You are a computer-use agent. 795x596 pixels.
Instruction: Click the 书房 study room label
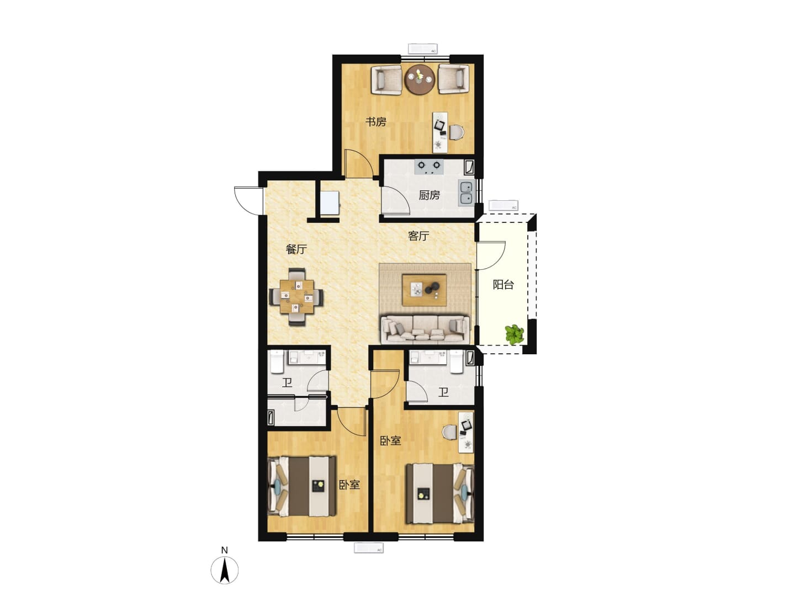[x=375, y=122]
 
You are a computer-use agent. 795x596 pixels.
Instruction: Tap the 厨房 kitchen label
[x=429, y=195]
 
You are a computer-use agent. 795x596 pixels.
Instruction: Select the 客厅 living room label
[x=418, y=236]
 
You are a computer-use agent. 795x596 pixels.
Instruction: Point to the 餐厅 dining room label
[x=296, y=249]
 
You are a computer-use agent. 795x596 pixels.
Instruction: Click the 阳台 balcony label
[x=503, y=285]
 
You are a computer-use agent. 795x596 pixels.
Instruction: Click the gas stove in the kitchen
[x=429, y=166]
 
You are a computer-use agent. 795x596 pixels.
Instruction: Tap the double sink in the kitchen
[x=466, y=193]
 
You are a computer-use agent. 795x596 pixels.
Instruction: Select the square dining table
[x=296, y=297]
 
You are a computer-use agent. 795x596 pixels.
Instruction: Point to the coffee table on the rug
[x=424, y=290]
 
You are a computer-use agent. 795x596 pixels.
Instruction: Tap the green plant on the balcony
[x=515, y=334]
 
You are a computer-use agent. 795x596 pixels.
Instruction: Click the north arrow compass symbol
[x=225, y=570]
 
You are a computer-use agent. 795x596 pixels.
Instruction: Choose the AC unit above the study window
[x=423, y=49]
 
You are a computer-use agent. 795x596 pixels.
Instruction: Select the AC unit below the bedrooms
[x=369, y=548]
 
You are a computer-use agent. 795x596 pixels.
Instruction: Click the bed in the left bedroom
[x=301, y=486]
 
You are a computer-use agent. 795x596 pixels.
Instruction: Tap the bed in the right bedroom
[x=439, y=493]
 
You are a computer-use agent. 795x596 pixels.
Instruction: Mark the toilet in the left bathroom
[x=277, y=361]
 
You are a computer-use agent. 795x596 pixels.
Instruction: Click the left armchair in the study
[x=386, y=79]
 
